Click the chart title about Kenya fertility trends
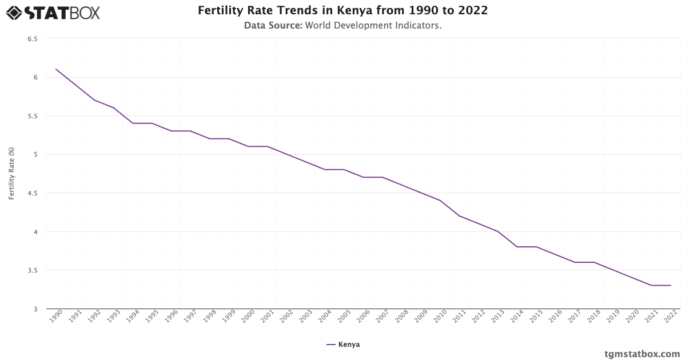342,11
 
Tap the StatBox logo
53,12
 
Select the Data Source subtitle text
342,26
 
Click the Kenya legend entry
343,345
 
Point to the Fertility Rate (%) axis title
11,173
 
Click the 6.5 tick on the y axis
33,39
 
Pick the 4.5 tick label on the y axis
33,193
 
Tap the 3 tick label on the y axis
35,309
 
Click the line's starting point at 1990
56,69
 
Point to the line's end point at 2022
671,285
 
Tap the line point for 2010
440,201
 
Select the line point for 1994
133,123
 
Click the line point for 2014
517,247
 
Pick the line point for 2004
325,170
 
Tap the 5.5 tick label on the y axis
33,116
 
